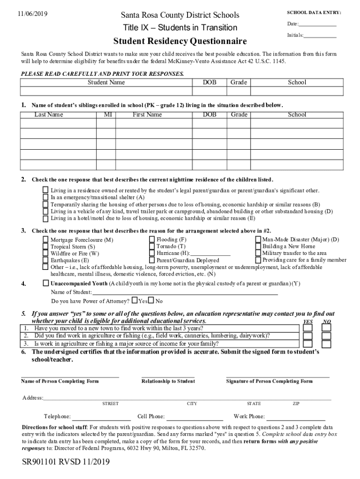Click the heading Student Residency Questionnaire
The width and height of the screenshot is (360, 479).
point(180,42)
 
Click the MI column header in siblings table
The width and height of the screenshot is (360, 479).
point(106,115)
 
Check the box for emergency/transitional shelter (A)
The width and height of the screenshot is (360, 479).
point(45,197)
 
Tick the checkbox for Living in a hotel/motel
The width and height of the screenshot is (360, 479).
point(45,218)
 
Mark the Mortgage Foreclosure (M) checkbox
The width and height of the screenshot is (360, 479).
point(45,239)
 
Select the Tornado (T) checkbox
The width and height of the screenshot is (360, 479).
point(152,246)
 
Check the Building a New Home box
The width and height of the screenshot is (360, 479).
point(258,246)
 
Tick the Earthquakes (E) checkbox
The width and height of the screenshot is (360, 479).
point(45,260)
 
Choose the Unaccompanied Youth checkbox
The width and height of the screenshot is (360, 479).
point(45,283)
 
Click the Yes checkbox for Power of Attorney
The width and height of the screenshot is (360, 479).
point(135,300)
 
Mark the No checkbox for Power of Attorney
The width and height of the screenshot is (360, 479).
point(151,300)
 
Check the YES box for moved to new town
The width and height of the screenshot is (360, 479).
point(308,328)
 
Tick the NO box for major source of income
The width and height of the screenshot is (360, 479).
point(327,344)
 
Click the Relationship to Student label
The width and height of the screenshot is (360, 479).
point(168,381)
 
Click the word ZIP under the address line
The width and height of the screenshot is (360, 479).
point(296,404)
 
